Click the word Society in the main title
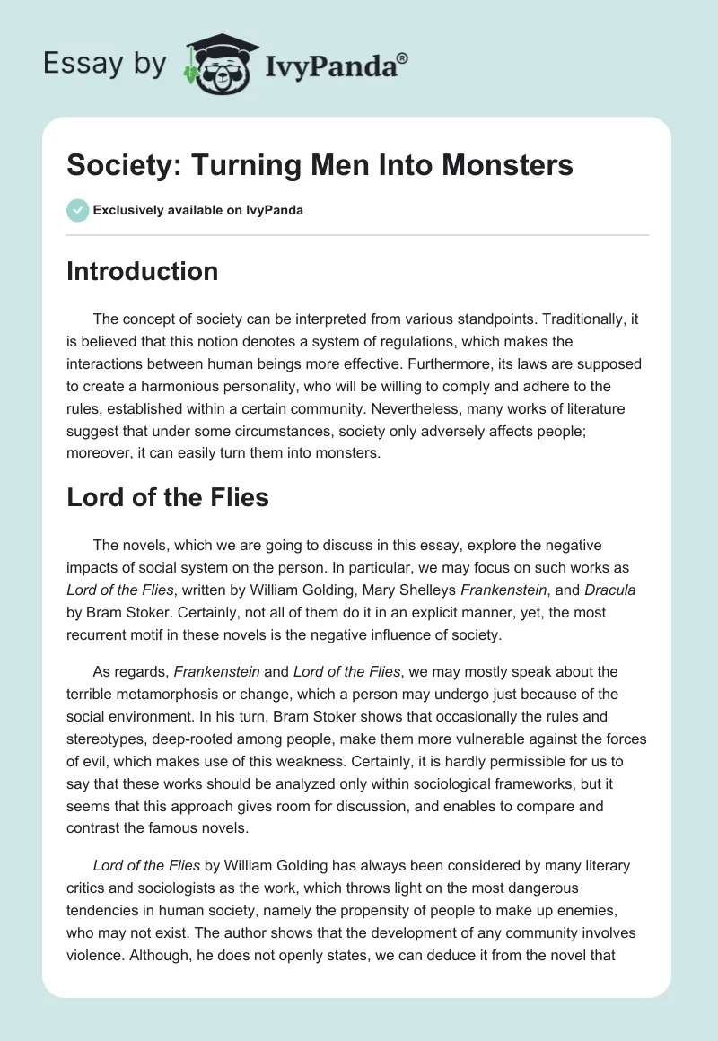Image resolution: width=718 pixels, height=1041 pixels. tap(117, 166)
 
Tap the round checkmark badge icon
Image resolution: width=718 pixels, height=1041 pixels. tap(77, 210)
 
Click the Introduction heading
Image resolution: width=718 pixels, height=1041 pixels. tap(142, 271)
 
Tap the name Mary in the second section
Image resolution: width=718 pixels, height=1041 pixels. tap(384, 590)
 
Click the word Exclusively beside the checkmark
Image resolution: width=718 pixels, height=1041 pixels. tap(127, 210)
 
